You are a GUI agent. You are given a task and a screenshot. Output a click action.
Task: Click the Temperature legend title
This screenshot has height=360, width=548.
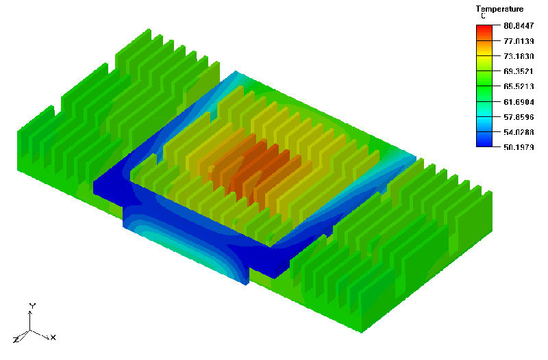point(499,9)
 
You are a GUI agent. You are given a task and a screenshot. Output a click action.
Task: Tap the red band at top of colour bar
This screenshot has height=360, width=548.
point(484,30)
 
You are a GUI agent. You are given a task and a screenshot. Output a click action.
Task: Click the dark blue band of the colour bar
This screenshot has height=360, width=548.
point(484,140)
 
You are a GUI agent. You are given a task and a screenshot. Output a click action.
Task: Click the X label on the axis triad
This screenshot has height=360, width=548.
point(53,337)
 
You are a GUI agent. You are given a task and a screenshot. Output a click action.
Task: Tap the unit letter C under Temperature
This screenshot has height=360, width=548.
point(483,16)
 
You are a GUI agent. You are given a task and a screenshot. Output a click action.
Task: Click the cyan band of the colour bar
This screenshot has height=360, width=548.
point(484,113)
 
